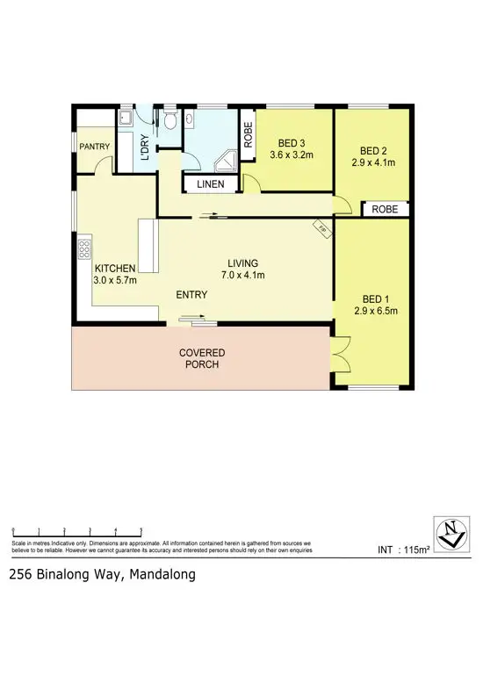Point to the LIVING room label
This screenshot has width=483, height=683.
pyautogui.click(x=242, y=263)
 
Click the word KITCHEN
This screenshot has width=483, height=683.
pyautogui.click(x=114, y=268)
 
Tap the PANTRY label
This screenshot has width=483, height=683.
pyautogui.click(x=93, y=147)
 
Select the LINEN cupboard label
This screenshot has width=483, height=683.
pyautogui.click(x=211, y=184)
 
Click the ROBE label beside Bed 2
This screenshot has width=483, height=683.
pyautogui.click(x=385, y=210)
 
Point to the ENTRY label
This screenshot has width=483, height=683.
pyautogui.click(x=191, y=295)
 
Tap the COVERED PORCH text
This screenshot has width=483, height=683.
pyautogui.click(x=201, y=358)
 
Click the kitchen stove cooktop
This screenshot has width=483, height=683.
pyautogui.click(x=85, y=248)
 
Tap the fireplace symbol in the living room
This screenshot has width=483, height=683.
pyautogui.click(x=322, y=228)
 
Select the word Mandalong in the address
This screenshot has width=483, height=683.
pyautogui.click(x=162, y=575)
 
